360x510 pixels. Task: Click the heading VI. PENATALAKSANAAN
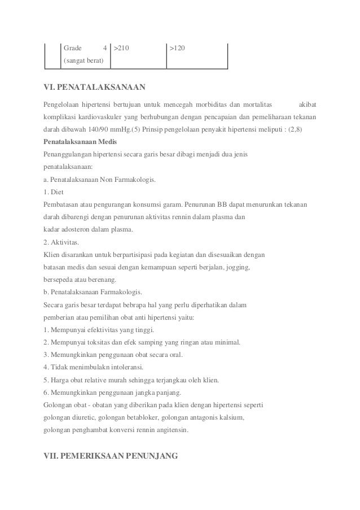click(95, 87)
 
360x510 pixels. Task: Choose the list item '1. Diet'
click(54, 192)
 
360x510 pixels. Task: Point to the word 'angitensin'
click(173, 430)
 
